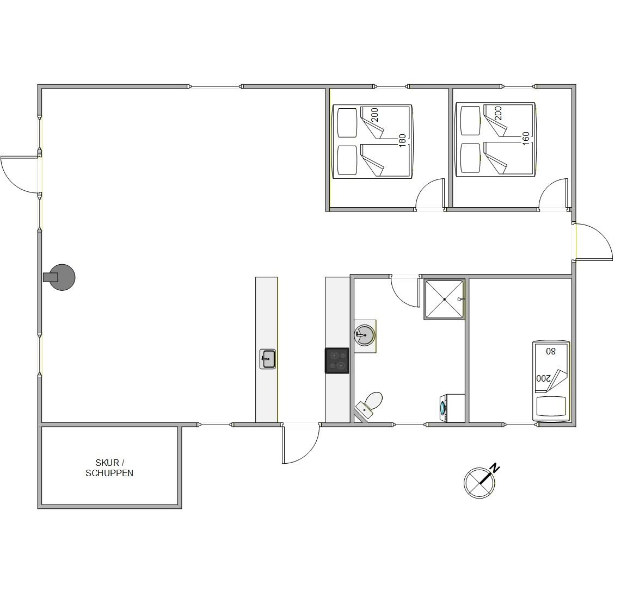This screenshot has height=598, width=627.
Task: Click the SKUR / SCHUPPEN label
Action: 109,468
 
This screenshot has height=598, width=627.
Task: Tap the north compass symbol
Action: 480,482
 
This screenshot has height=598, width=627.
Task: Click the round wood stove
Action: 59,277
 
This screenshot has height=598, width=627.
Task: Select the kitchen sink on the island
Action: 268,359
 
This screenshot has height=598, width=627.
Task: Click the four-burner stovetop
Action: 337,361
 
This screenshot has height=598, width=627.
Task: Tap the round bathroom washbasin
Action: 365,335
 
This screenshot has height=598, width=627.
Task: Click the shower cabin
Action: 445,299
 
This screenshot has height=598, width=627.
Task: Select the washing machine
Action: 452,408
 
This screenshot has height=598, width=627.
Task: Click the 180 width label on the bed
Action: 402,141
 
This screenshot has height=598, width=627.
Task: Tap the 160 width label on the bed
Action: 526,139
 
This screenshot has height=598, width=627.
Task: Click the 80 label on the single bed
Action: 551,352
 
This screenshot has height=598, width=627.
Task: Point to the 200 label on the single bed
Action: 543,378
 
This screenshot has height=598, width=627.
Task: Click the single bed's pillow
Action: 551,407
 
